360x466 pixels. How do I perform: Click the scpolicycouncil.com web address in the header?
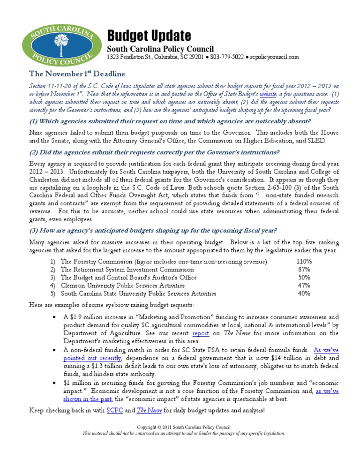[274, 57]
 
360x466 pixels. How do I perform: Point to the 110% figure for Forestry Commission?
[304, 261]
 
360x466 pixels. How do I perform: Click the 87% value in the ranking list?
[305, 270]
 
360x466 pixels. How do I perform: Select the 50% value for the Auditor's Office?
[305, 278]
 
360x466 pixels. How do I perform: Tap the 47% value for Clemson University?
[305, 286]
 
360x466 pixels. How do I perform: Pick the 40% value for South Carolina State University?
[305, 293]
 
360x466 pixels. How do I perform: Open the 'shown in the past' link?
[87, 399]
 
